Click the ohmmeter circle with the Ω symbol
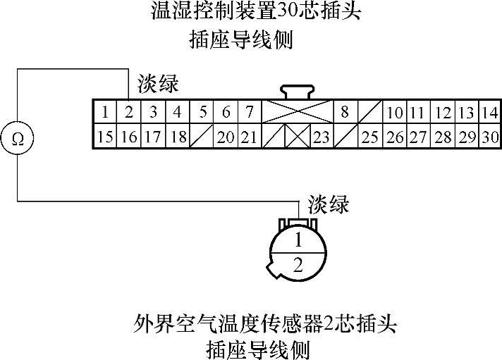pyautogui.click(x=18, y=137)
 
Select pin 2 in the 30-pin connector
pyautogui.click(x=128, y=113)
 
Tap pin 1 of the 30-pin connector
pyautogui.click(x=104, y=113)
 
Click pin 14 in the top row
pyautogui.click(x=490, y=113)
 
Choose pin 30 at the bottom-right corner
pyautogui.click(x=490, y=137)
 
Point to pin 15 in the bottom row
pyautogui.click(x=104, y=137)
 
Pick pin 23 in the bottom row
pyautogui.click(x=322, y=137)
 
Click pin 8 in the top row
pyautogui.click(x=345, y=113)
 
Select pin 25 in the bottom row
pyautogui.click(x=369, y=137)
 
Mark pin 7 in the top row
pyautogui.click(x=249, y=113)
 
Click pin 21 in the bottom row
pyautogui.click(x=249, y=137)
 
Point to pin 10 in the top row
pyautogui.click(x=394, y=113)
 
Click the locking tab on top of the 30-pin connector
pyautogui.click(x=298, y=92)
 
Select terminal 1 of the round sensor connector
pyautogui.click(x=298, y=240)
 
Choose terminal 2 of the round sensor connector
pyautogui.click(x=298, y=265)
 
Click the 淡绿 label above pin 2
pyautogui.click(x=158, y=85)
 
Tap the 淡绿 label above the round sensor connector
pyautogui.click(x=329, y=204)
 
